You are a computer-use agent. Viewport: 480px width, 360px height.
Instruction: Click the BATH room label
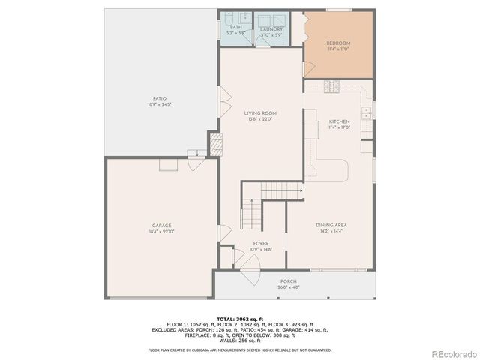click(x=236, y=28)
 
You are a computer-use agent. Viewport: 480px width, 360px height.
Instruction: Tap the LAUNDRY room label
click(x=271, y=28)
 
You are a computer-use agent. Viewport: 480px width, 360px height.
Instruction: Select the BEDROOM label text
click(x=338, y=43)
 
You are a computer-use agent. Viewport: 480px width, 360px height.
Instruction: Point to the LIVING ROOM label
click(x=261, y=113)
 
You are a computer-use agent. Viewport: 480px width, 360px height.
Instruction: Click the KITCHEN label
click(x=339, y=121)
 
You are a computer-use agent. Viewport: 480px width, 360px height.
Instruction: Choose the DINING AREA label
click(x=331, y=225)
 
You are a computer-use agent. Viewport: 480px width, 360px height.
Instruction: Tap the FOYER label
click(x=260, y=243)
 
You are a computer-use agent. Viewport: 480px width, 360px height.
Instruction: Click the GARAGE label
click(x=162, y=225)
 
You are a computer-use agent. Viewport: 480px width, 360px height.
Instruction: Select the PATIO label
click(x=159, y=98)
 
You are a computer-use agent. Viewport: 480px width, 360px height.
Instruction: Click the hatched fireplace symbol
click(x=215, y=144)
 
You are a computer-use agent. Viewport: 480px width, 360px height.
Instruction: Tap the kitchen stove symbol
click(x=331, y=87)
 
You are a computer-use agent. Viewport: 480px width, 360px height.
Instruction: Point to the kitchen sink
click(x=366, y=114)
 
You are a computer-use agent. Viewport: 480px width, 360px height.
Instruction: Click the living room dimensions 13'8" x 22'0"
click(x=261, y=119)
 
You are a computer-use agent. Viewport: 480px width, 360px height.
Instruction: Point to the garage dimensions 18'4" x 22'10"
click(x=162, y=231)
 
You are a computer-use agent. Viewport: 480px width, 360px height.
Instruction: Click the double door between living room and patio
click(x=222, y=96)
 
